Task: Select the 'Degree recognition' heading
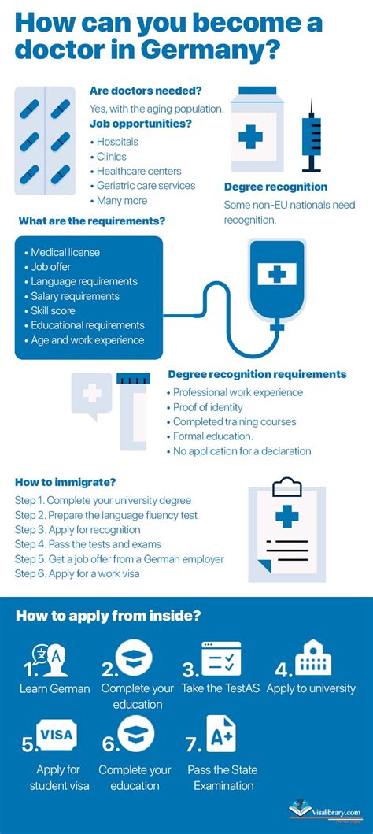[x=275, y=187]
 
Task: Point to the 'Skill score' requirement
[x=53, y=310]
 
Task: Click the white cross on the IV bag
[x=277, y=275]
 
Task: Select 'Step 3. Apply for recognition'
[x=78, y=530]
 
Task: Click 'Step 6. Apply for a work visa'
[x=78, y=574]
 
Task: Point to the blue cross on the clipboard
[x=287, y=516]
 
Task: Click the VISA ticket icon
[x=57, y=735]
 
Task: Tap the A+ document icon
[x=221, y=733]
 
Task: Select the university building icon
[x=312, y=657]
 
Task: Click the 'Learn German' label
[x=55, y=688]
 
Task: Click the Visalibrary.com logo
[x=325, y=812]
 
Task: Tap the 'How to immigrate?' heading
[x=65, y=483]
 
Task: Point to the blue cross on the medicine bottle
[x=251, y=137]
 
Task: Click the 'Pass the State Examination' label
[x=223, y=777]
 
